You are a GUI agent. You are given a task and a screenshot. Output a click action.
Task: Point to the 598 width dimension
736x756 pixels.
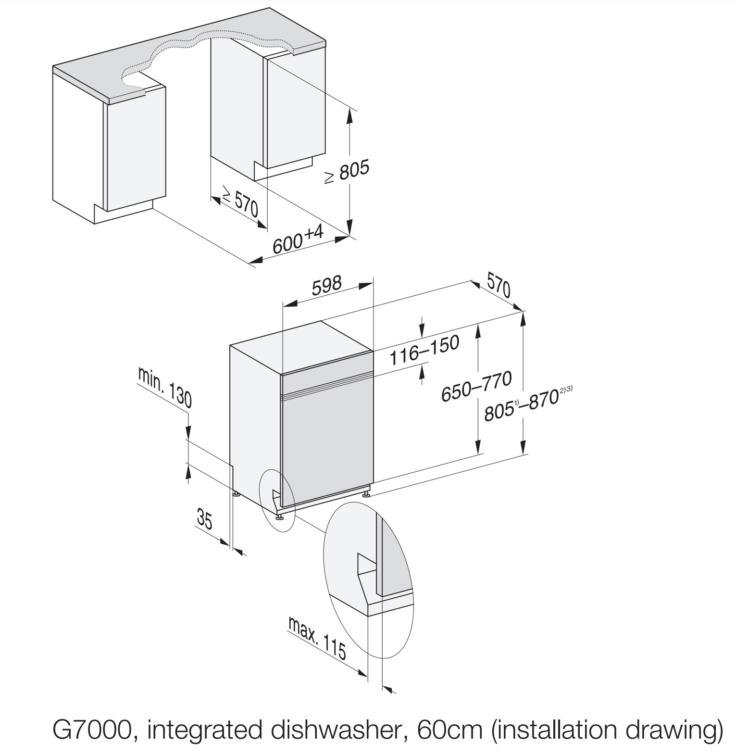[x=326, y=285]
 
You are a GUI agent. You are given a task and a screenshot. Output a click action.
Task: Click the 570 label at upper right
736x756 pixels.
[x=498, y=285]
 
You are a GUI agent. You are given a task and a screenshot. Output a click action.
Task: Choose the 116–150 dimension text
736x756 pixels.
[x=424, y=350]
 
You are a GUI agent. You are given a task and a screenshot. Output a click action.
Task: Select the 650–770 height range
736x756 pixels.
[x=476, y=386]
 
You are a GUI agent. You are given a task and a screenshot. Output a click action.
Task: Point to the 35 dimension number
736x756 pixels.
[x=205, y=519]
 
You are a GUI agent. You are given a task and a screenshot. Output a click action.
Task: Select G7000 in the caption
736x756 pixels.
[x=91, y=730]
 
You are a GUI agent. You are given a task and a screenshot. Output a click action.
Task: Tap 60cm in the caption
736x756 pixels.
[x=449, y=730]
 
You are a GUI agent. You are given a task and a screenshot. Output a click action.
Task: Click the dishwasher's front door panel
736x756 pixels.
[x=327, y=442]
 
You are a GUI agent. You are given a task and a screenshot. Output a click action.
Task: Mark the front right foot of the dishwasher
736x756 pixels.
[x=366, y=492]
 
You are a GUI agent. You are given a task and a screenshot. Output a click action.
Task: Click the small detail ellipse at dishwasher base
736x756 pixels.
[x=276, y=500]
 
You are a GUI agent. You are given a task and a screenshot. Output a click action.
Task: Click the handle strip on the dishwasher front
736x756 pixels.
[x=327, y=387]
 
